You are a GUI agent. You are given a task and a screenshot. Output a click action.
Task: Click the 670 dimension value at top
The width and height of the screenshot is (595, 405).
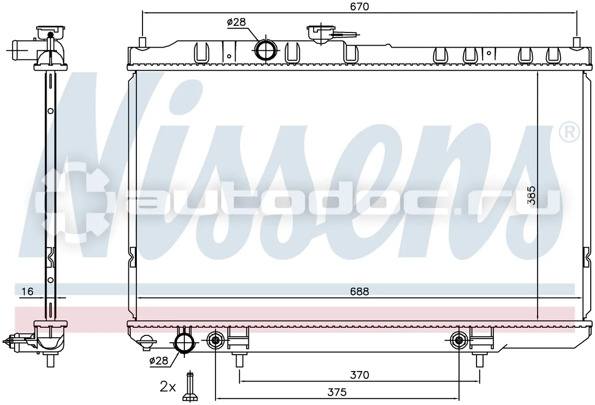coord(359,7)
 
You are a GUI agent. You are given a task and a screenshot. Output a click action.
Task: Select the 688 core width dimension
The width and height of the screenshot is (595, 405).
coord(359,292)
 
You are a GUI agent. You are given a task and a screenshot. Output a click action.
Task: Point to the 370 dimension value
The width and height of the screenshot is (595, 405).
coord(359,375)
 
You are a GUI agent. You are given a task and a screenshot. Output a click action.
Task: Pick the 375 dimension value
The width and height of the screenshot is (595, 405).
coord(337,392)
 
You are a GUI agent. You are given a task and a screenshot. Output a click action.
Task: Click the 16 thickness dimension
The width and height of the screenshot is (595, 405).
coord(27,292)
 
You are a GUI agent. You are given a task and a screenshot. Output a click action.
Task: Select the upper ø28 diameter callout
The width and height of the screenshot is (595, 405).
coord(237,22)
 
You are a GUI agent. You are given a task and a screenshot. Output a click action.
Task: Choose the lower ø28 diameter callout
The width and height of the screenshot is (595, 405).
coord(159,361)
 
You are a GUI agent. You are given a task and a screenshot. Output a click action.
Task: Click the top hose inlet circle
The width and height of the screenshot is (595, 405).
coord(266,50)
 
